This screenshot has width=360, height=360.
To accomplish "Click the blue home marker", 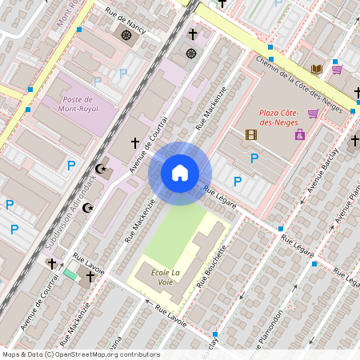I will (x=180, y=173).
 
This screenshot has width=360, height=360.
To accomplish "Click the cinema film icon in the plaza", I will (x=251, y=134).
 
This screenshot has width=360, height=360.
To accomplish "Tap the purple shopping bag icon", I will (x=300, y=134).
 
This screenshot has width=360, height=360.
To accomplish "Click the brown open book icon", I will (x=317, y=70).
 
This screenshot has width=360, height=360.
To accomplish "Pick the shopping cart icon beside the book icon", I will (x=337, y=70).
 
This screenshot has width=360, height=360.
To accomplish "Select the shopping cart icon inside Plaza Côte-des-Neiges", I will (x=313, y=114).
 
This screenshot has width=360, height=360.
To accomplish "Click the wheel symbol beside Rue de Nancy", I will (x=126, y=35).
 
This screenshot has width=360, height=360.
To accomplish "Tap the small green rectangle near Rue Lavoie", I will (x=70, y=274).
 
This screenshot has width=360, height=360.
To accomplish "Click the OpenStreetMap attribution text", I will (x=81, y=354).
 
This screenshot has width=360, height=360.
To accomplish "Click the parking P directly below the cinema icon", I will (x=254, y=158).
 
